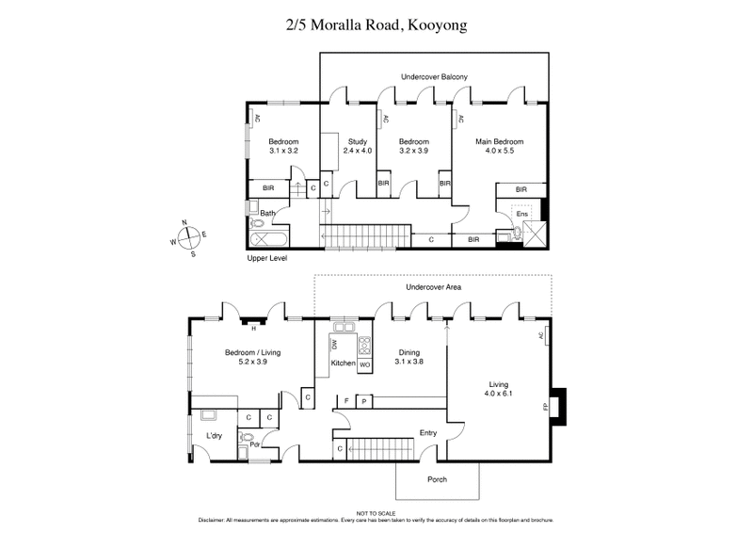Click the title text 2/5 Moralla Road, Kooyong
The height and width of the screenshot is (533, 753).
click(376, 25)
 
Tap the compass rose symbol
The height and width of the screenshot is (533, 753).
click(187, 235)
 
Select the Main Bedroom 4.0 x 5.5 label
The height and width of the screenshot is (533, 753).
click(499, 146)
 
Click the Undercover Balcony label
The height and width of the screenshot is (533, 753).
click(434, 76)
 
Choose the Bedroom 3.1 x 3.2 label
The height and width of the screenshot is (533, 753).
click(283, 146)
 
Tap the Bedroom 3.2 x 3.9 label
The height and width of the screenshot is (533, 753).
click(413, 146)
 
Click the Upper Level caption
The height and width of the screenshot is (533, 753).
click(266, 257)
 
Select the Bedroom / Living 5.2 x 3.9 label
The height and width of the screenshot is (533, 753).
click(253, 357)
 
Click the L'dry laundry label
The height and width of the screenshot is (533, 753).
click(214, 435)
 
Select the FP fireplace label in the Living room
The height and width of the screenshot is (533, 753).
click(544, 408)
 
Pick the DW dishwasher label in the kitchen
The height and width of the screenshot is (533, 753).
click(334, 346)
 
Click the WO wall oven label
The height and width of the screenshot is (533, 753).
click(364, 363)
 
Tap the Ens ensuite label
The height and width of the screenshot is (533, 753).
click(522, 215)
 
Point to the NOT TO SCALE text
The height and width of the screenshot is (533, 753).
click(376, 513)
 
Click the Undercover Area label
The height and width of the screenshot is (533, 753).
click(432, 286)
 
